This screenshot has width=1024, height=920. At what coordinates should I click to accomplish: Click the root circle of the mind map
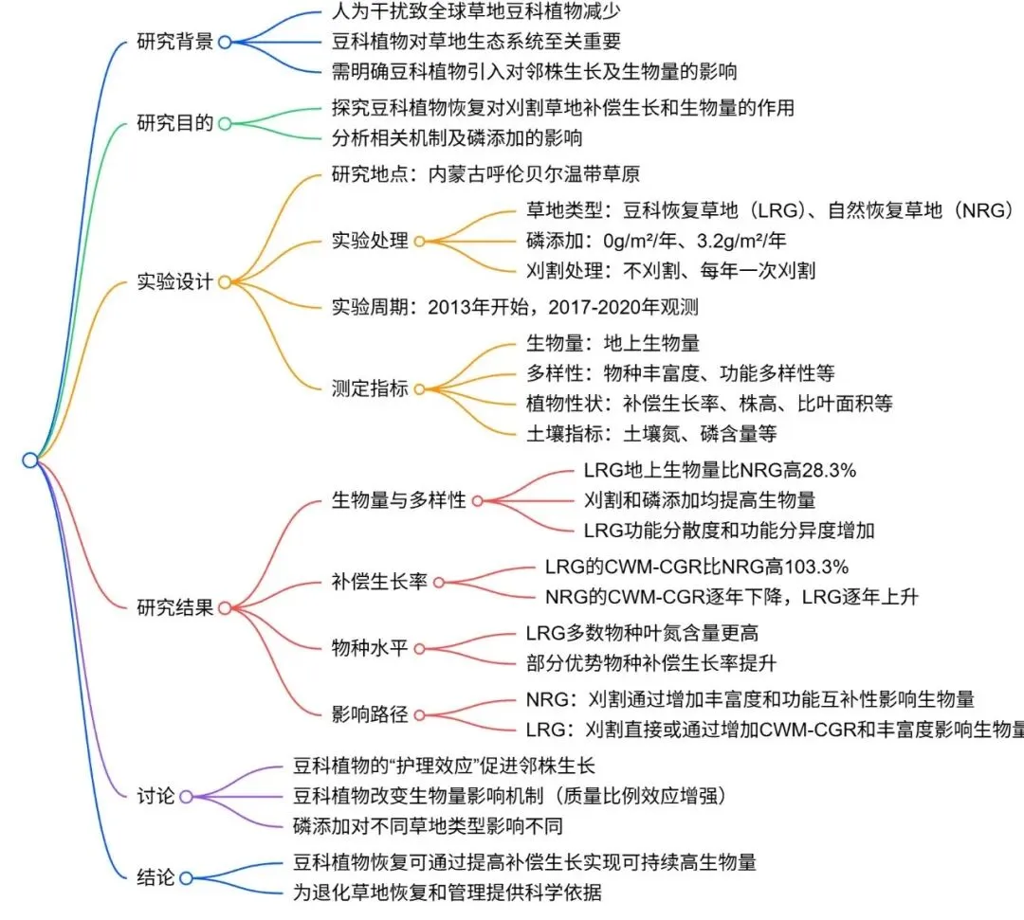pos(29,460)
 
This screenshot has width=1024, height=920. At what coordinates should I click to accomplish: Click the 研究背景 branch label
pos(174,42)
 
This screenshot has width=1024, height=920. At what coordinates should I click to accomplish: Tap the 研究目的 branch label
pos(174,123)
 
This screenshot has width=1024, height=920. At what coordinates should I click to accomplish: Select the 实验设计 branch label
pos(174,281)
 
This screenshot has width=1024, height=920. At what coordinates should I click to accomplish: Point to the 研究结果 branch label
pos(174,607)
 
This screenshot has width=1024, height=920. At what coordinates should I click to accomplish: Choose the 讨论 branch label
pos(156,797)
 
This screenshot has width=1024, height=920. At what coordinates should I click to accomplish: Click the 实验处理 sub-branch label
pos(370,241)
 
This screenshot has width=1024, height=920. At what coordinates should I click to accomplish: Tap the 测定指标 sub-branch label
pos(370,388)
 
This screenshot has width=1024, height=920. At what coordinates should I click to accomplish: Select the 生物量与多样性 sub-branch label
pos(399,499)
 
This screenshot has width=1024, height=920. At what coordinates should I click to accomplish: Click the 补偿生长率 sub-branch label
pos(379,581)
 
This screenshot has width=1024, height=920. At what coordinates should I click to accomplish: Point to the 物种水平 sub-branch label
pos(370,648)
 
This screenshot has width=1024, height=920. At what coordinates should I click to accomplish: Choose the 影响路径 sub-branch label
pos(370,714)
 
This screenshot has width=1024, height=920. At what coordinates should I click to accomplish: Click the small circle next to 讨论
pos(186,797)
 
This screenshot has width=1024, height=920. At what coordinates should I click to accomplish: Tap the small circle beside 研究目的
pos(224,123)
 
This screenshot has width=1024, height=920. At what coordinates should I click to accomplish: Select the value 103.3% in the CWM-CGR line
pos(814,567)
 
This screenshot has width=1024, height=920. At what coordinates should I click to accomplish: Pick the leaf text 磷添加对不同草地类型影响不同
pos(428,823)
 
